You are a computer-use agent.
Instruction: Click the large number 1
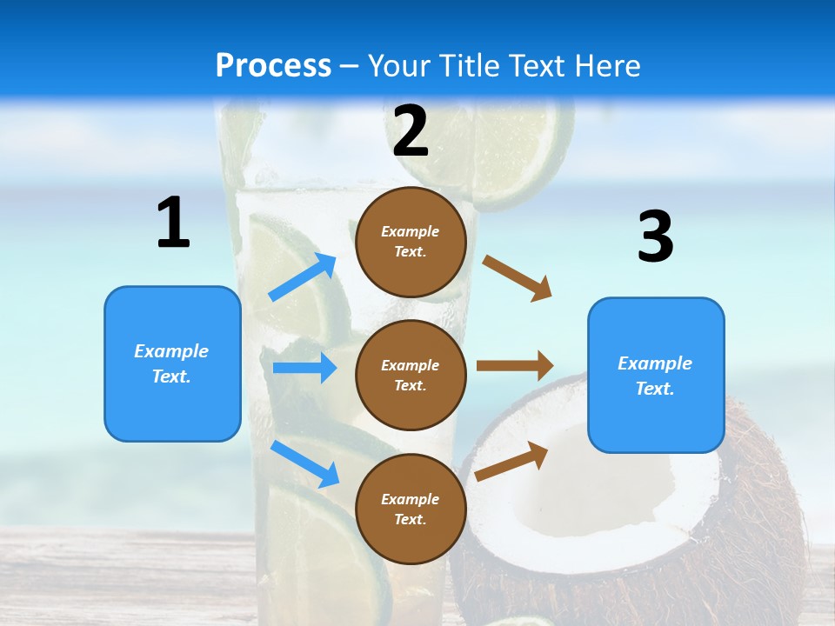[x=173, y=223]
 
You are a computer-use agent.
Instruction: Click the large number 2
[x=411, y=130]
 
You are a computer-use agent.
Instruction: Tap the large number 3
[x=655, y=236]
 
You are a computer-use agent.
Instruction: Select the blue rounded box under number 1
[x=172, y=363]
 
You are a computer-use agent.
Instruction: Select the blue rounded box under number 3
[x=656, y=375]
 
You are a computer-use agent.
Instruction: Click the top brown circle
[x=411, y=242]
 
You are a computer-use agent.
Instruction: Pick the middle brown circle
[x=411, y=375]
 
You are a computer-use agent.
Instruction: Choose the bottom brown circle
[x=411, y=509]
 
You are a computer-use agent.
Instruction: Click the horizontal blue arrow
[x=305, y=368]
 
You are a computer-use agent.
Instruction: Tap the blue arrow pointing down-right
[x=305, y=463]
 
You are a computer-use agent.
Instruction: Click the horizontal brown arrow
[x=515, y=366]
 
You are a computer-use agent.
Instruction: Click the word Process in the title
[x=273, y=65]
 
